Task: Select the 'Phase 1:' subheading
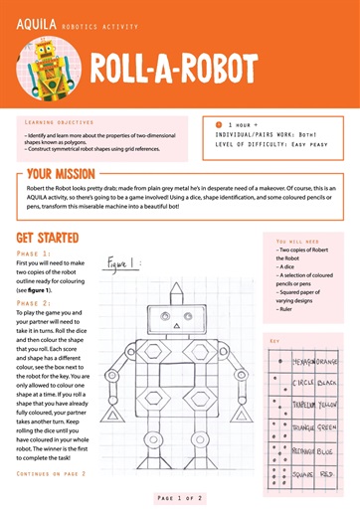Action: (34, 254)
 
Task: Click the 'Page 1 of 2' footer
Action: (179, 495)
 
